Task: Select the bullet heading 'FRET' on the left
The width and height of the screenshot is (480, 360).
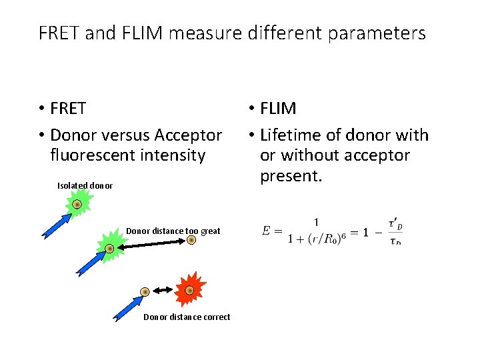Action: [68, 108]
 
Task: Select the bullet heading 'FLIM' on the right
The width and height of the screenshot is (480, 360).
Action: [278, 108]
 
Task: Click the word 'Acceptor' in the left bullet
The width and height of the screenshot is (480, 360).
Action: [188, 135]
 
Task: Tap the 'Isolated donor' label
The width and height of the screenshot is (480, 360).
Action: [85, 185]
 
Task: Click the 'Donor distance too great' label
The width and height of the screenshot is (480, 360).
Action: [173, 231]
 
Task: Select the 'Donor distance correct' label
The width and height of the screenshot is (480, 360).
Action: [187, 317]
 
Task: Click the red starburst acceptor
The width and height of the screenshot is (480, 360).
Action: [189, 290]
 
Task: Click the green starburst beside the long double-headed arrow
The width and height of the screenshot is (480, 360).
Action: [109, 248]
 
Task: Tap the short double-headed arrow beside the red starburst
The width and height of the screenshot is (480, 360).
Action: [162, 291]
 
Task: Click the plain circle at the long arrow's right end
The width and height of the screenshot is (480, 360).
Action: [191, 240]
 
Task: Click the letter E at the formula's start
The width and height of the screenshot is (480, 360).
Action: [267, 231]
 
